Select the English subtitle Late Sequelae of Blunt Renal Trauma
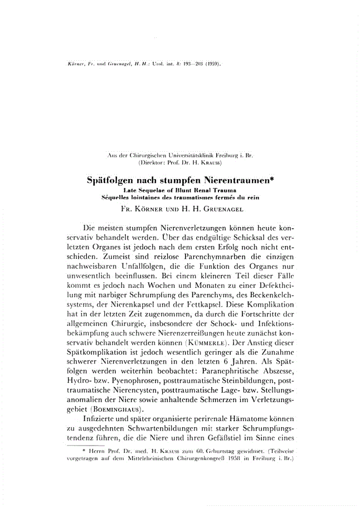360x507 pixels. (179, 191)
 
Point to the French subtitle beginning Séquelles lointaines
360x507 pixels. (179, 197)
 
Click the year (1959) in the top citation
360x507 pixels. (212, 64)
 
